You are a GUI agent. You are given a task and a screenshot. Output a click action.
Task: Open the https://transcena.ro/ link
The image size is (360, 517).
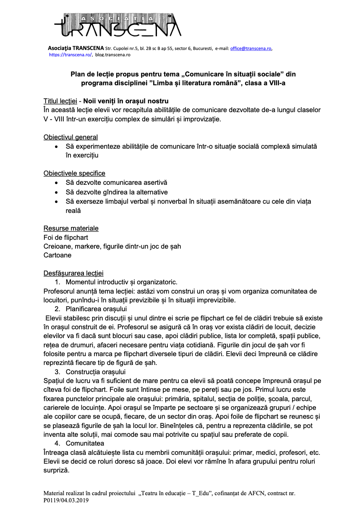tap(70, 55)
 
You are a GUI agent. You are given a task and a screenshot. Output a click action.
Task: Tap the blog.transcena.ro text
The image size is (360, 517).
tap(112, 55)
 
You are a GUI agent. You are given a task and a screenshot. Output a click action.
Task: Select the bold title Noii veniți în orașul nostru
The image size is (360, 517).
tap(126, 101)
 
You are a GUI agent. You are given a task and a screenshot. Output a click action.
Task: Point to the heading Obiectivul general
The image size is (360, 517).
tap(70, 137)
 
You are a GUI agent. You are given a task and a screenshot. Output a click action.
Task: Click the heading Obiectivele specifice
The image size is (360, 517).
tap(74, 173)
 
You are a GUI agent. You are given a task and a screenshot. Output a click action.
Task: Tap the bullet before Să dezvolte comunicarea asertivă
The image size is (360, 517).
tap(57, 183)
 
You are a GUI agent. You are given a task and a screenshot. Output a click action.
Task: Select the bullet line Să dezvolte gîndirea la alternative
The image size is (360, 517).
tap(117, 192)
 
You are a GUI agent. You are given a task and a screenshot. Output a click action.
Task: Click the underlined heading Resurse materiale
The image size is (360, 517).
tap(71, 228)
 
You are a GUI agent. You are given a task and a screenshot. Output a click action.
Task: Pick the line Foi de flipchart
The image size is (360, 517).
tap(66, 238)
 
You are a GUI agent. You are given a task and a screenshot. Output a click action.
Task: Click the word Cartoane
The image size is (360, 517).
tap(57, 255)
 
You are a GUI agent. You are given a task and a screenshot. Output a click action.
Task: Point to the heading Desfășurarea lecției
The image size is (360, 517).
tap(73, 273)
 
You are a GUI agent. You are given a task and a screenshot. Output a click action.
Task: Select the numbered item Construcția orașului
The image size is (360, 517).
tap(96, 372)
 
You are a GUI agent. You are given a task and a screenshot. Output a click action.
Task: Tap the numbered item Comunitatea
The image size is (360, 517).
tap(85, 444)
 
